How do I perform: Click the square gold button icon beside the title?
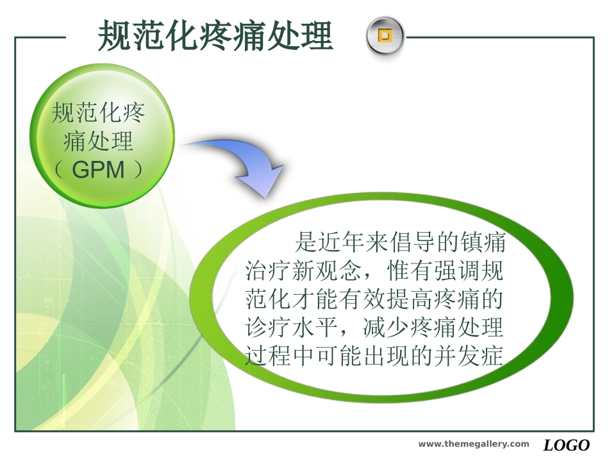coord(385,36)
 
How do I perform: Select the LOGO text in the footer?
coord(567,445)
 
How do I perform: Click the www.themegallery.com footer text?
coord(474,444)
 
